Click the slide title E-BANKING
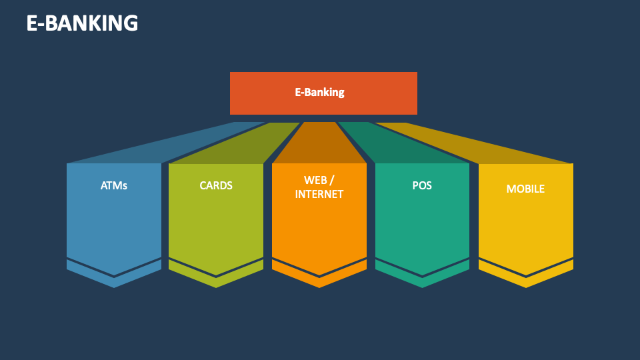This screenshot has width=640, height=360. coord(82,23)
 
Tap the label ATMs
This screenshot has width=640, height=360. coord(114,185)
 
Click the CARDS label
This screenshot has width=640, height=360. coord(216,185)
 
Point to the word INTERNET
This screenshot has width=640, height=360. coord(319,194)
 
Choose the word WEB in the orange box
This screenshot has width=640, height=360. coord(315,180)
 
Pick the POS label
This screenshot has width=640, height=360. coord(422,185)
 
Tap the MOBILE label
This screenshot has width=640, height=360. coord(525,189)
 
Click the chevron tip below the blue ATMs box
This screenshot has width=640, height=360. coord(114,283)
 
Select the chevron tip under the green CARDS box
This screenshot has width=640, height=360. coord(216,283)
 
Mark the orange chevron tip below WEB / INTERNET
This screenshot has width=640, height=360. coord(319,283)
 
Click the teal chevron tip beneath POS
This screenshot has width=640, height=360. coord(422,283)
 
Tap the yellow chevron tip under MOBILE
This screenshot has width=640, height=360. coord(526,283)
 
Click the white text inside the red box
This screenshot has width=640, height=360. coord(319,92)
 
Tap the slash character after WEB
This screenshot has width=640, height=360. coord(331,180)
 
